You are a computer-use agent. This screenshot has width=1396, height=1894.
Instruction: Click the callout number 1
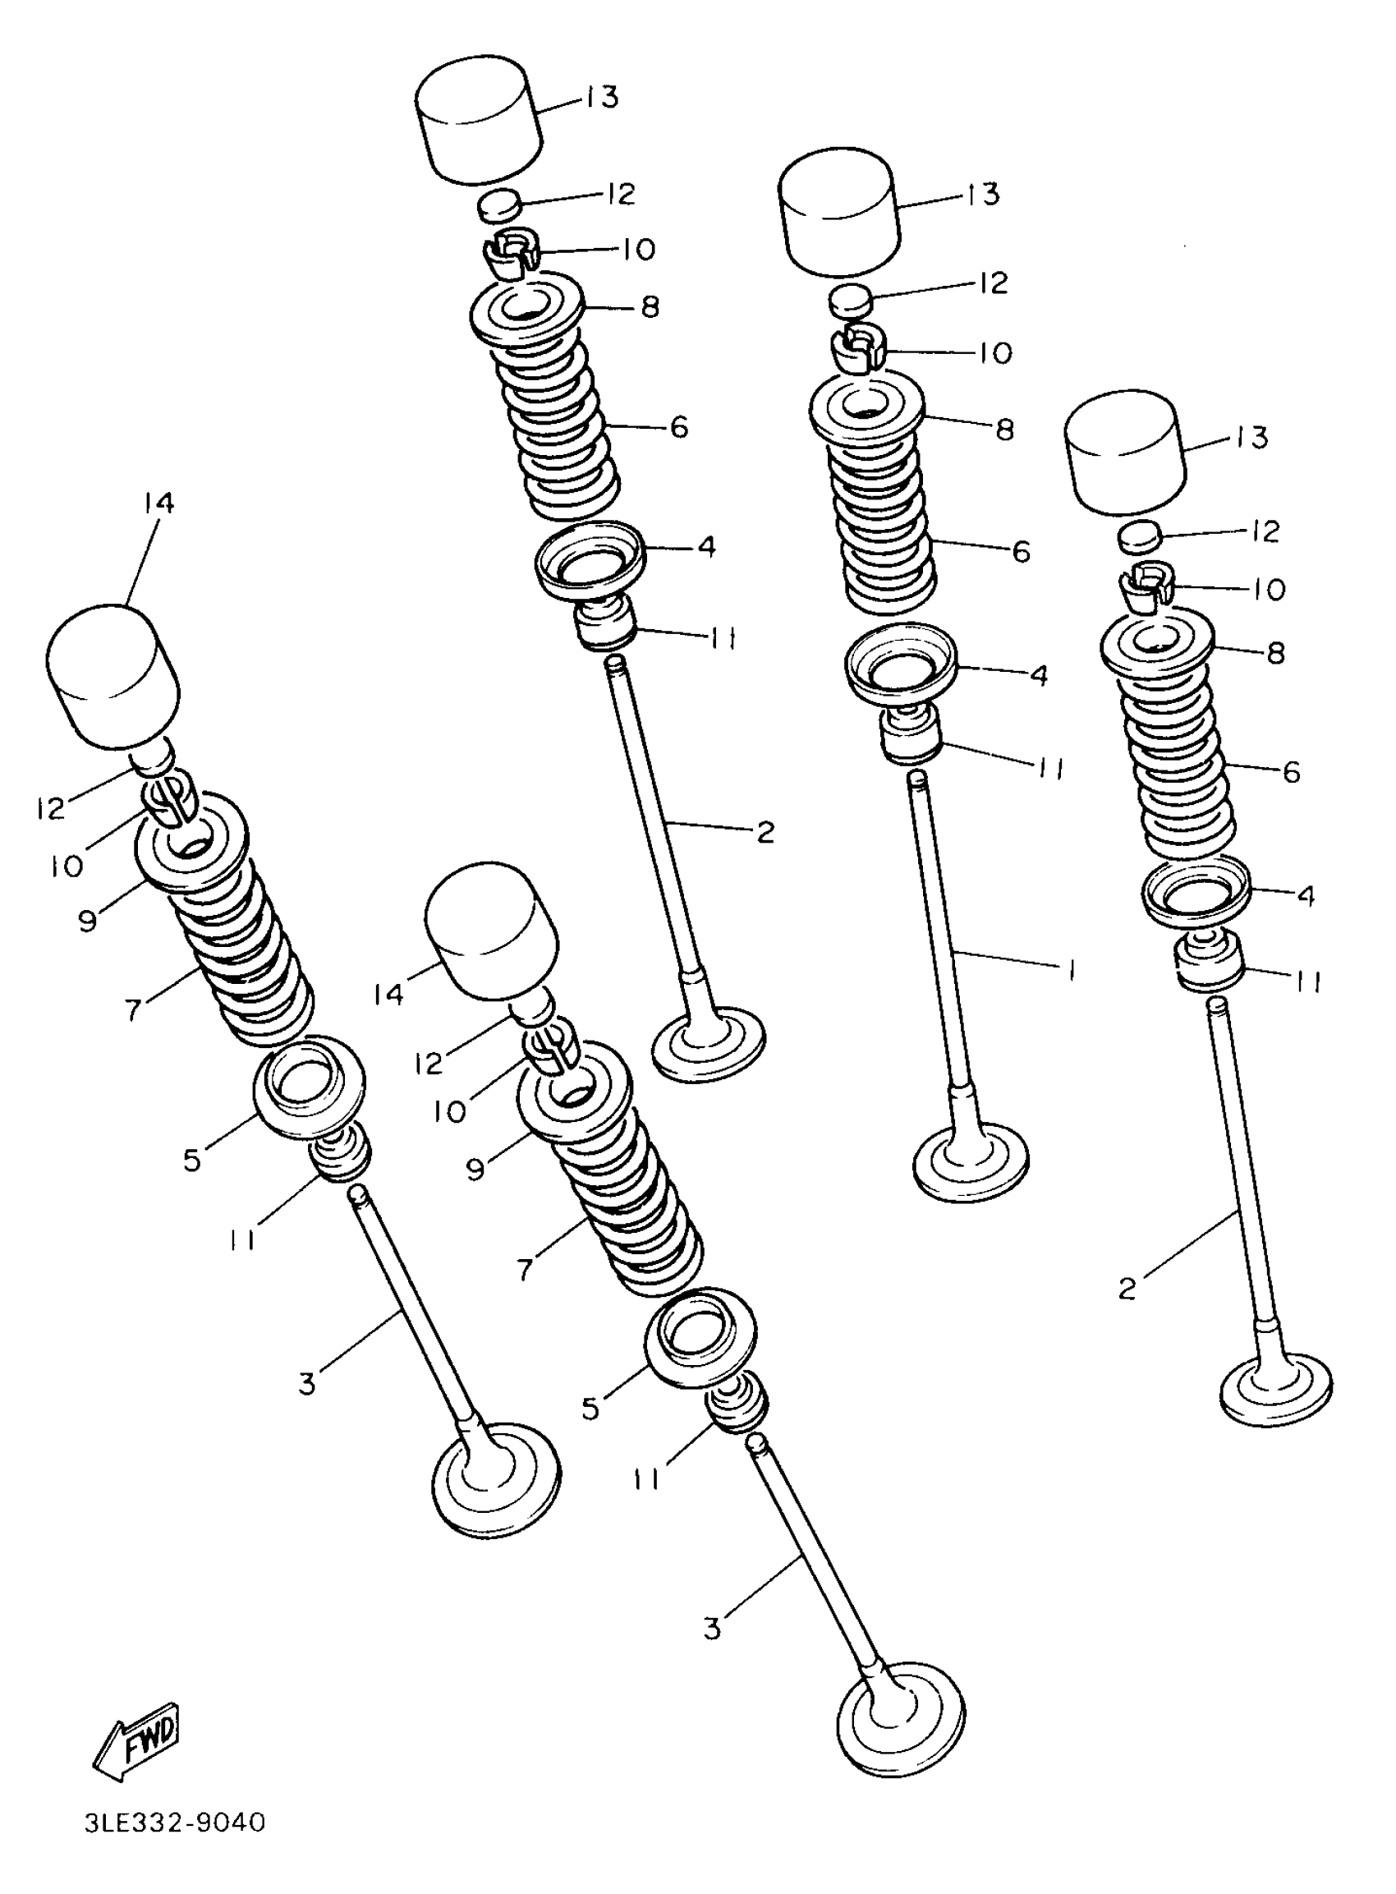[x=1071, y=971]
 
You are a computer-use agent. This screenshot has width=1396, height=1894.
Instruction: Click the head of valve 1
[x=971, y=1163]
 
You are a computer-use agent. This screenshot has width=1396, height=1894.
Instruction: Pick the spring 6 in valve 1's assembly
[x=884, y=524]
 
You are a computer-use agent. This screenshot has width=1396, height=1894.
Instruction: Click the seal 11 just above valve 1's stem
[x=911, y=733]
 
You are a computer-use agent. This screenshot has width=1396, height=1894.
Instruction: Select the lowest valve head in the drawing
[x=900, y=1716]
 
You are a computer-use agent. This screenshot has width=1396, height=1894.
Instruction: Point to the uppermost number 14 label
[x=158, y=503]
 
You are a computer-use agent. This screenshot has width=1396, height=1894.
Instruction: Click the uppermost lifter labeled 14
[x=113, y=676]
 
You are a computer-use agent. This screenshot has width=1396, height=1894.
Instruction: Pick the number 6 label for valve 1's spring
[x=1022, y=552]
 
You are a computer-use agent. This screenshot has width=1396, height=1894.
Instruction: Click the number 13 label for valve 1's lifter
[x=983, y=195]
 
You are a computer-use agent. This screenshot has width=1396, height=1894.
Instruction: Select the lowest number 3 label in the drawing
[x=712, y=1628]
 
